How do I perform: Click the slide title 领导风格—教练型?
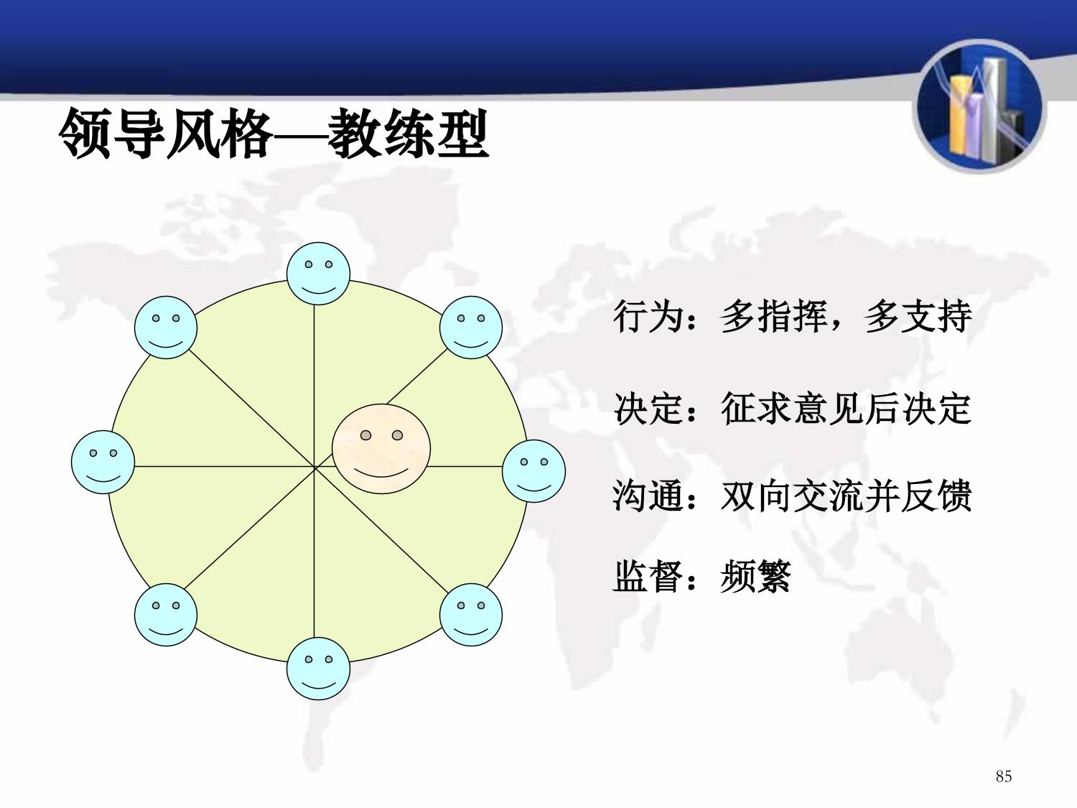point(274,134)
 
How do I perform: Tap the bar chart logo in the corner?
point(979,107)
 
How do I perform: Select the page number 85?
point(1004,776)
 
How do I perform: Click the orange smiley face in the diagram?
point(381,448)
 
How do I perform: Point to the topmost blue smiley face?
point(319,274)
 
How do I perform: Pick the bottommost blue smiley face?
point(319,669)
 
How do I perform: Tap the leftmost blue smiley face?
point(103,462)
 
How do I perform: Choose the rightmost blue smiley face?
point(534,471)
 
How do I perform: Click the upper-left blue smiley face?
point(166,328)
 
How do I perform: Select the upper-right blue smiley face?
point(471,328)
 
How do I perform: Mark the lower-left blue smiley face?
point(166,615)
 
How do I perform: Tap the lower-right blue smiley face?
point(471,615)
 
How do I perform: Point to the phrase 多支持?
point(918,317)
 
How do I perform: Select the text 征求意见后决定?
point(846,408)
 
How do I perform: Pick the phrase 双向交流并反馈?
point(846,496)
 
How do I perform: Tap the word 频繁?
point(755,577)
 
